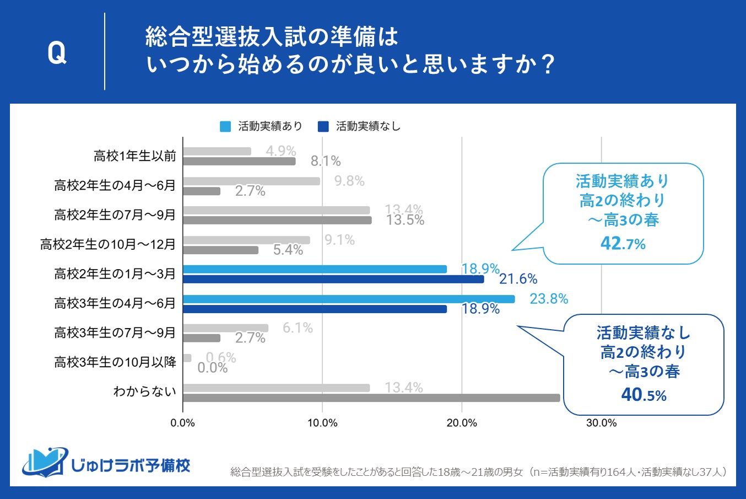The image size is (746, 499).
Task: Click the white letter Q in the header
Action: pos(57,53)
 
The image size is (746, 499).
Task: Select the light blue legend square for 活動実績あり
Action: pos(225,126)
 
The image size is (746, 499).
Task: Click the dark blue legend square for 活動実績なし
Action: pos(323,126)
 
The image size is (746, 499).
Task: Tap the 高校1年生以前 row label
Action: pos(135,156)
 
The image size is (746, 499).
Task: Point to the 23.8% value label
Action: pos(549,299)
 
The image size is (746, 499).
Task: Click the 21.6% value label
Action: pos(518,279)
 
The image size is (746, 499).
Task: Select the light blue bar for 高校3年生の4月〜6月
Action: pos(348,299)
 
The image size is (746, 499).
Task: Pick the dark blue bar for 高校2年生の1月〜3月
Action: pos(333,279)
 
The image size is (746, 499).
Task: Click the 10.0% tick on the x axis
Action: pos(322,423)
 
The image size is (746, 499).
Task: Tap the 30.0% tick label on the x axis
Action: pos(601,423)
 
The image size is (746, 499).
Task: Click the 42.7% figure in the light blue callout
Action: pos(623,243)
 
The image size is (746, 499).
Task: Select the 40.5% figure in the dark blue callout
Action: pos(644,395)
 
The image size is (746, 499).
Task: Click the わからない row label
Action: pos(145,391)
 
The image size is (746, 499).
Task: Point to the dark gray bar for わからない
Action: pos(371,398)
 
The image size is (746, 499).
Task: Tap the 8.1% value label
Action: pos(326,161)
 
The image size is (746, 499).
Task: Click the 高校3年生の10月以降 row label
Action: pos(115,362)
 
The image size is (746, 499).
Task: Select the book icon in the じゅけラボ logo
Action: pos(45,462)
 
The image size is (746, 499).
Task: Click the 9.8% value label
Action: pos(349,181)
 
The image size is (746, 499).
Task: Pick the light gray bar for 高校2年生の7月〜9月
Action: pos(276,210)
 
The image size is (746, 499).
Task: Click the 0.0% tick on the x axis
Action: pos(183,423)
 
